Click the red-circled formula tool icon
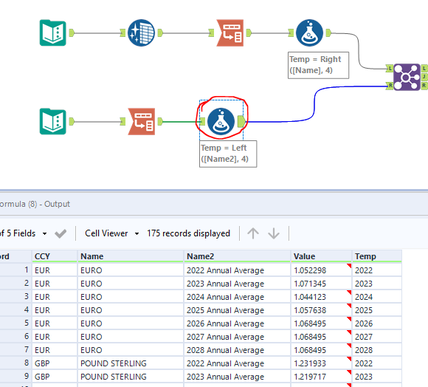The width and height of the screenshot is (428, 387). (x=221, y=120)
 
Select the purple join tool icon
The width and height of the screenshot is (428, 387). (x=406, y=76)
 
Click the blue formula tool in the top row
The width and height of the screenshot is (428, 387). (x=308, y=32)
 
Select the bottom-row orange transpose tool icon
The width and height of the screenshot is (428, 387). (x=141, y=120)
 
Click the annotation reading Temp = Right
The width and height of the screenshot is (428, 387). (x=315, y=64)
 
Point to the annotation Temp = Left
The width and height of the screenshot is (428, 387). (x=227, y=153)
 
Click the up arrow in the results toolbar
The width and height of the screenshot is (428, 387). (x=253, y=233)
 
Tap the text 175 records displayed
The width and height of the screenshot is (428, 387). (x=188, y=233)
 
